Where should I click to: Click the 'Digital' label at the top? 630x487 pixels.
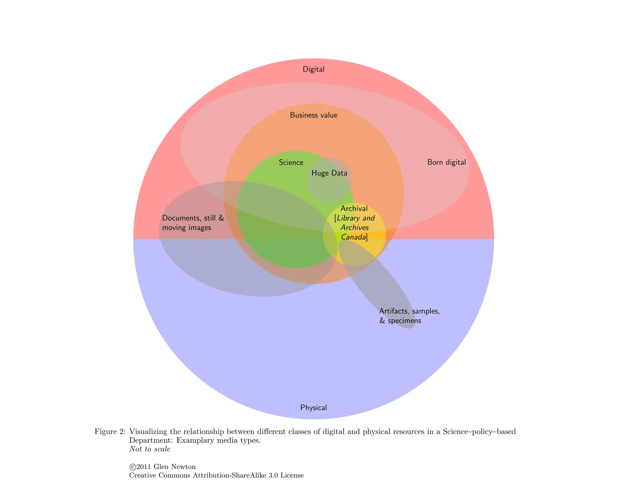(313, 69)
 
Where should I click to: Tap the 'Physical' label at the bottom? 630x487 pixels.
(313, 408)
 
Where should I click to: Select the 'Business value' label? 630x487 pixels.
(313, 115)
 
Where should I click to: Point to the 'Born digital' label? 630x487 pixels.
(446, 162)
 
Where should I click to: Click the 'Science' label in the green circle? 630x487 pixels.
(291, 163)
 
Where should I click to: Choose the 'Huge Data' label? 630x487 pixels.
(329, 173)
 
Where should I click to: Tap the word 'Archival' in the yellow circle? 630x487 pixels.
(354, 209)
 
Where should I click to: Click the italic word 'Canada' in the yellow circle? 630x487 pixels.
(354, 237)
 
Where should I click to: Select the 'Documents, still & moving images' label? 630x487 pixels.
(193, 223)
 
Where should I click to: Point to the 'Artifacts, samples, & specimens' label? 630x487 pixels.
(409, 316)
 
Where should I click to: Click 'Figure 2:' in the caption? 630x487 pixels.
(110, 432)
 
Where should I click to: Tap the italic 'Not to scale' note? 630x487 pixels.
(150, 449)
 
